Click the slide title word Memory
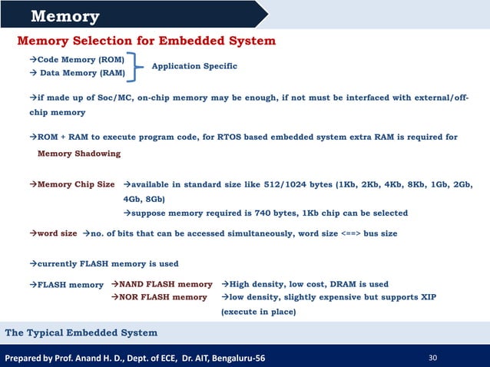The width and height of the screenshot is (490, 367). click(65, 16)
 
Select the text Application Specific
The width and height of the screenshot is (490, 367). click(194, 67)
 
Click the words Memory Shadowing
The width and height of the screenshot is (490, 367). click(79, 154)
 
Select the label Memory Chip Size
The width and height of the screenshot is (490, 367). click(76, 185)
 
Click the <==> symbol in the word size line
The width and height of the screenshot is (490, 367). click(350, 233)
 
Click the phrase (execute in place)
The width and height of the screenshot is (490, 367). click(258, 312)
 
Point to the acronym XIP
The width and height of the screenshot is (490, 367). click(427, 296)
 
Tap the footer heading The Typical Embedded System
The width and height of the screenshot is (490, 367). click(81, 332)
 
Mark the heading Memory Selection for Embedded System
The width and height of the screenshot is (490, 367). click(146, 40)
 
